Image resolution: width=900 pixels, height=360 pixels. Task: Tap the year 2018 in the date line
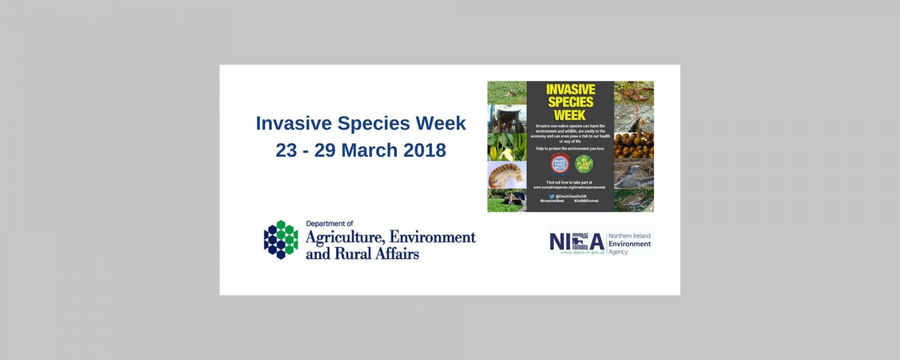424,150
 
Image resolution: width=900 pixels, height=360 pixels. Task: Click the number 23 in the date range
286,150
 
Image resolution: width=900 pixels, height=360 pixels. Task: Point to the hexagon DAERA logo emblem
281,240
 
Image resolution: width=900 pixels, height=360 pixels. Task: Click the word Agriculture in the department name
345,238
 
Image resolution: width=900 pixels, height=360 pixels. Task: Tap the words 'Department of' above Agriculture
330,224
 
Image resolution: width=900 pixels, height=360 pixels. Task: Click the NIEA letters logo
577,241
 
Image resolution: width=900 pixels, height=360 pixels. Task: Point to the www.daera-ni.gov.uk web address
583,252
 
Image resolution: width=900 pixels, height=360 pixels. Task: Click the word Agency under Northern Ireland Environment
618,252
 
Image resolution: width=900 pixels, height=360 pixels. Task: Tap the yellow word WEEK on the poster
570,115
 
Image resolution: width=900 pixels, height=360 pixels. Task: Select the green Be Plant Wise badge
584,164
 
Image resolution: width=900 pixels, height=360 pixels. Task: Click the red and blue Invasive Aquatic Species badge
560,164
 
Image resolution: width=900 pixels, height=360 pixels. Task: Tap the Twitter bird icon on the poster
552,196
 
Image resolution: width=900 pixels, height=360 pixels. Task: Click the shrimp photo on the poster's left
506,175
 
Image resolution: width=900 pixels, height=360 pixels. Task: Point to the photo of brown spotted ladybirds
634,145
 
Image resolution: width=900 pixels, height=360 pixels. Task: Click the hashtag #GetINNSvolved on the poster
586,201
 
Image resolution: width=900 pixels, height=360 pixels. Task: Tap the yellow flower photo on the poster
506,147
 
